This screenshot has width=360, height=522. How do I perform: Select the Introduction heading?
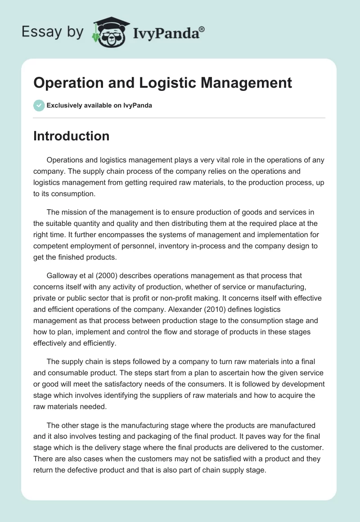click(71, 136)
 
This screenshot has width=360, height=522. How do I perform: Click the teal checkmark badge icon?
click(39, 105)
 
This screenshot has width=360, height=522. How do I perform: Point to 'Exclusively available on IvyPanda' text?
click(99, 106)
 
